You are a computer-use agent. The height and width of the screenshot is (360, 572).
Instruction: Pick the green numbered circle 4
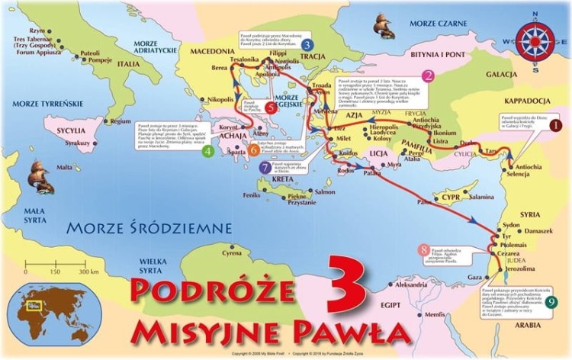pos(207,152)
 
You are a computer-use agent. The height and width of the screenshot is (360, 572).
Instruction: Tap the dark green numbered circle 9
pos(551,302)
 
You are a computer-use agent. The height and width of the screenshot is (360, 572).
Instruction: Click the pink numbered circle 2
pos(429,76)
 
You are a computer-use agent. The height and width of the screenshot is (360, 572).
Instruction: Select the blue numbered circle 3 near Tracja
pos(307,44)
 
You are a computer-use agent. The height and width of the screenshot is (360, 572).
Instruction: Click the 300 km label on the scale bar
pos(89,272)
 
